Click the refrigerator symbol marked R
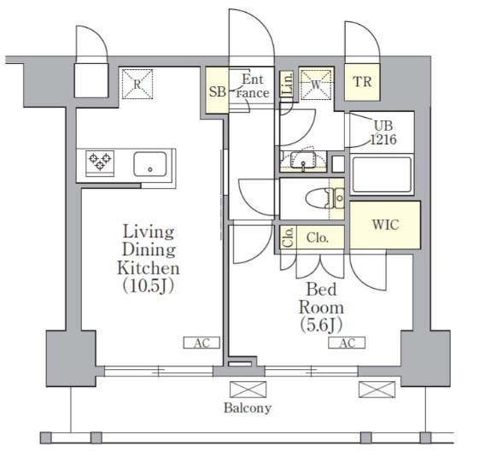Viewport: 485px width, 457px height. (x=137, y=85)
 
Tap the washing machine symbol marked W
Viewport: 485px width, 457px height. (x=317, y=85)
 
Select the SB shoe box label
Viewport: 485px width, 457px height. (x=218, y=92)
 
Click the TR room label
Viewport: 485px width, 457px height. (x=362, y=82)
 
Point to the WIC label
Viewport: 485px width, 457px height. (x=385, y=225)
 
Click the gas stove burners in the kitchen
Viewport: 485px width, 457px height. (x=100, y=161)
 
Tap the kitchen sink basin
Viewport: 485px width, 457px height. (x=150, y=164)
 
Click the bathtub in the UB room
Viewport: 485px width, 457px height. (x=382, y=174)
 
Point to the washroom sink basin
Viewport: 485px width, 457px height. (x=303, y=160)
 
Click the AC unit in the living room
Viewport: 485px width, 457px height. (x=202, y=343)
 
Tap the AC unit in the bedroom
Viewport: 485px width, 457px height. (x=347, y=343)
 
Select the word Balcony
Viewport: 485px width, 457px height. (x=248, y=408)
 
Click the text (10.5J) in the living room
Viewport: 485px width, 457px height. (x=149, y=286)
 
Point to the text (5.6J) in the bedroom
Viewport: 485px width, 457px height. (x=321, y=325)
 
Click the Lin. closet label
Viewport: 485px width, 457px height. (x=288, y=83)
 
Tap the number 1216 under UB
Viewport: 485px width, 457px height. (x=383, y=140)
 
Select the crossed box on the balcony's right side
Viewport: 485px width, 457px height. (x=377, y=390)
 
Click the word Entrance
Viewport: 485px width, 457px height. (x=253, y=86)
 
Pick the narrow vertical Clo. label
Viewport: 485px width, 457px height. (x=289, y=237)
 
